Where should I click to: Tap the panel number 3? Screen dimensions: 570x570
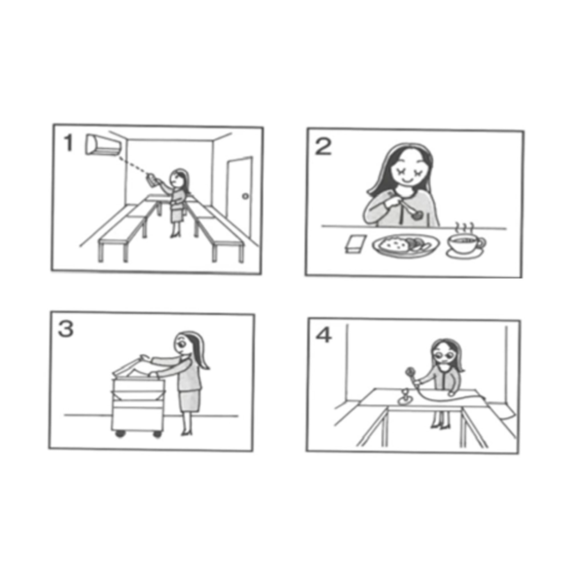point(66,329)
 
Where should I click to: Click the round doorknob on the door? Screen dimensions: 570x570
point(245,196)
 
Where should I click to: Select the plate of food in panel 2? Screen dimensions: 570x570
point(405,245)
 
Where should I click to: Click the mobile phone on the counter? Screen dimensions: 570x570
point(355,244)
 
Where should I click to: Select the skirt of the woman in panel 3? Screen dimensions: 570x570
point(189,400)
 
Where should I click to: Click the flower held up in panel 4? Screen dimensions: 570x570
point(409,371)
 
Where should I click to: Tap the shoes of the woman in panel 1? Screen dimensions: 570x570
point(174,235)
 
